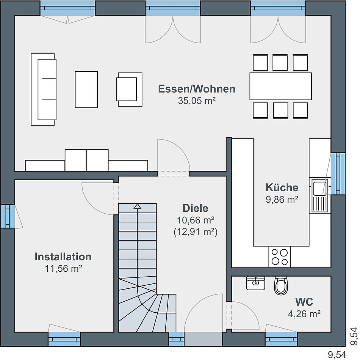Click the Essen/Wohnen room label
197,89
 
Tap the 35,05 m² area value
197,101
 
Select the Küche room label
282,187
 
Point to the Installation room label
63,257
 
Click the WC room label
304,302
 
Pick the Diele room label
195,208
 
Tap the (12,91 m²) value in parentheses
195,232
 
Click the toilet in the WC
281,285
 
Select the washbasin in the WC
255,283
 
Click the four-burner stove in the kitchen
279,257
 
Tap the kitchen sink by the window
320,195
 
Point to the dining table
280,87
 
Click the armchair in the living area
129,89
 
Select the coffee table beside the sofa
86,89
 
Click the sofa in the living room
44,90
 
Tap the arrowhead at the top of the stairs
138,206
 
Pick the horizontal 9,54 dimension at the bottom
337,354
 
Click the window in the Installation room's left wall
8,217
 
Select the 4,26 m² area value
304,314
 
